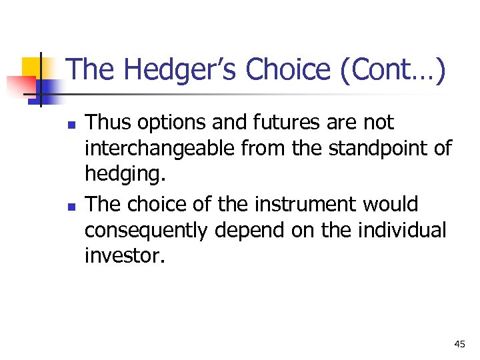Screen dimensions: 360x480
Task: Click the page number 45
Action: click(x=459, y=344)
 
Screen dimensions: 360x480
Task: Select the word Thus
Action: click(x=107, y=123)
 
